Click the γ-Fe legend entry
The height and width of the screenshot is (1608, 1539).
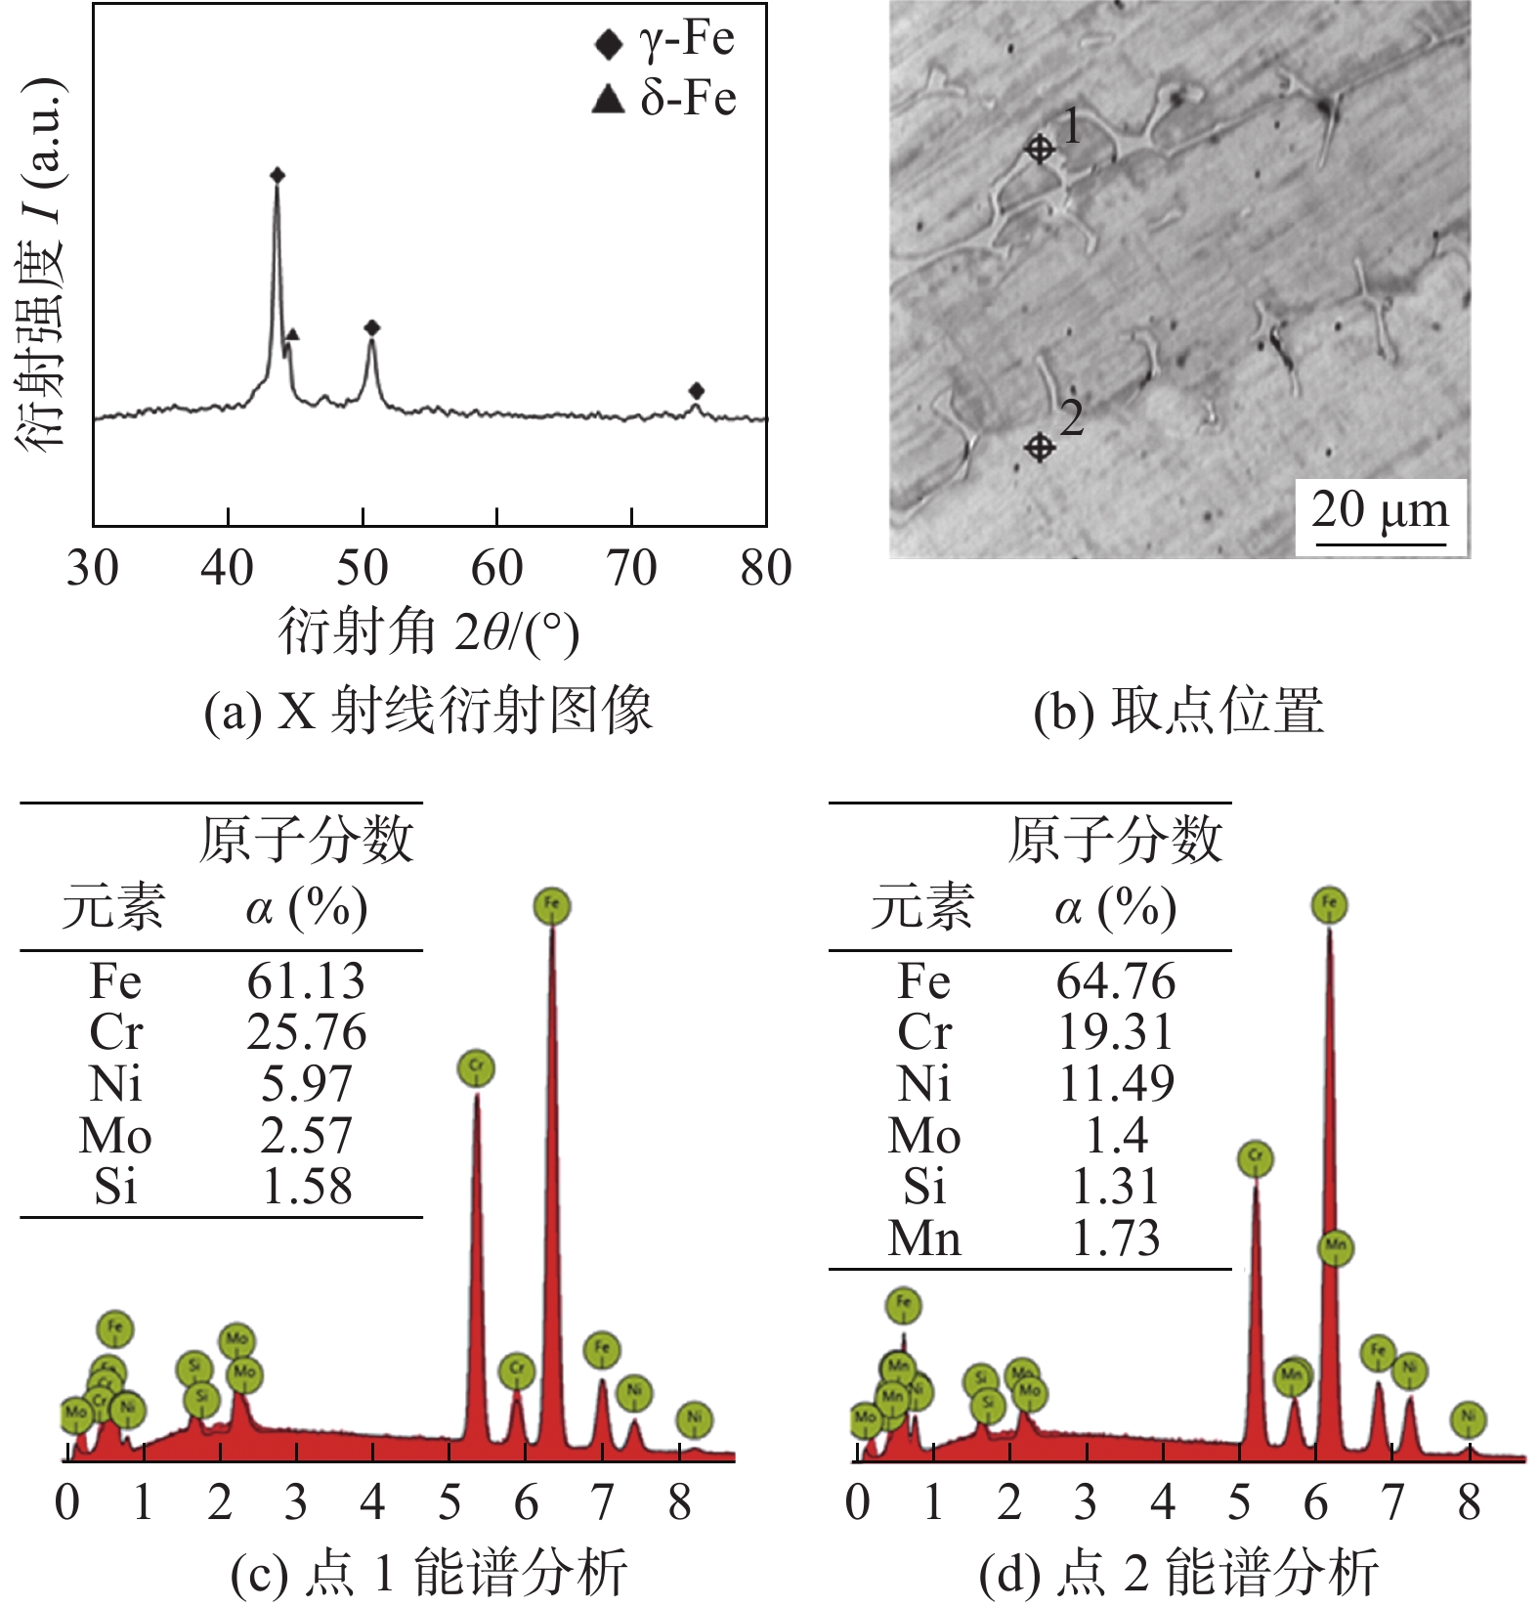pos(664,40)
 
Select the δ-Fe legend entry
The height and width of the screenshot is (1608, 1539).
pos(664,98)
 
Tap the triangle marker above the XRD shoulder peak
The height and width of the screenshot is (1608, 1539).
pos(292,334)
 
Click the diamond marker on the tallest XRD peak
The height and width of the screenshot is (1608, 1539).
pos(278,176)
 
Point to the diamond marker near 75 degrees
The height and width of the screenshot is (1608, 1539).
pos(696,391)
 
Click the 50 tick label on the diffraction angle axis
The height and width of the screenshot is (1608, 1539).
pos(363,568)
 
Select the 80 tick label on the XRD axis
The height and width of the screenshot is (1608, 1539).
pos(765,568)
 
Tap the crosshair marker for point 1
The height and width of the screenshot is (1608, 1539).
pos(1040,149)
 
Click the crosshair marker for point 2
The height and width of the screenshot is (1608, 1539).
pos(1040,448)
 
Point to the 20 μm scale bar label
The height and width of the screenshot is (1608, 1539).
pos(1380,510)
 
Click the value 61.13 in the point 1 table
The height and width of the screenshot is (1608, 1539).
pos(306,981)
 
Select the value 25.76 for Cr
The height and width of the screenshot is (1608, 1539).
pos(306,1033)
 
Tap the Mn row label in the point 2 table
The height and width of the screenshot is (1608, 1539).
pos(924,1239)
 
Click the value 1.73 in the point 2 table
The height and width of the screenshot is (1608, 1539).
pos(1116,1239)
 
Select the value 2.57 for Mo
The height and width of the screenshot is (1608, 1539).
pos(306,1136)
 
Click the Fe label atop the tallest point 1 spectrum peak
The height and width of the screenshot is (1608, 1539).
pos(552,906)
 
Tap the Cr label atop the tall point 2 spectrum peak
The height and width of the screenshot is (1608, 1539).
pos(1256,1159)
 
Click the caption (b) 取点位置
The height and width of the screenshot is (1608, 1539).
pos(1178,711)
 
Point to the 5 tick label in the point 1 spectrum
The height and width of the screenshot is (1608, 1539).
pos(449,1503)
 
